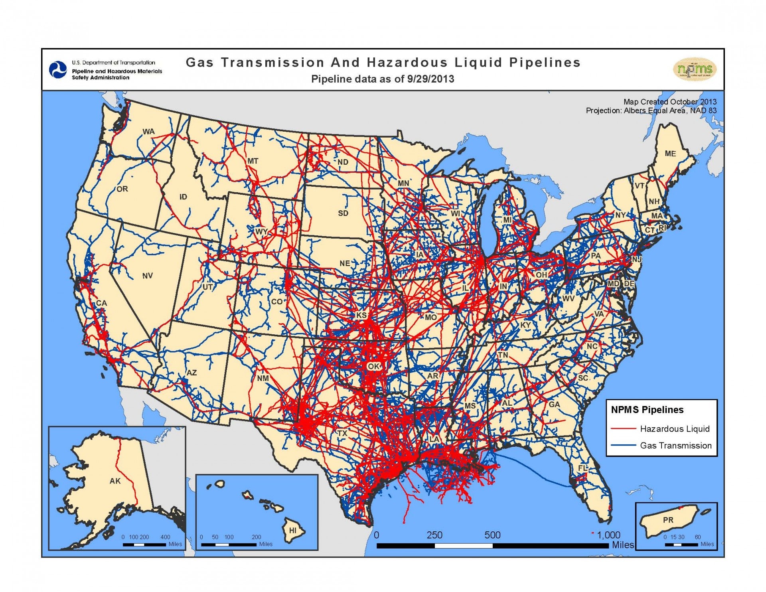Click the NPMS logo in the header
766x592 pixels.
(x=695, y=69)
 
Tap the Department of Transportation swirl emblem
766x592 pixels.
(x=58, y=70)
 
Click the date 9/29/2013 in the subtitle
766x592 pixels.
(x=430, y=79)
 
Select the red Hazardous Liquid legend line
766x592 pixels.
(x=623, y=429)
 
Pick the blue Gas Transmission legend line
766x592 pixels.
(x=623, y=445)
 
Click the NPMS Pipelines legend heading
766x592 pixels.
(x=647, y=410)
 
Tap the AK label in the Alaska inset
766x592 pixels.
(x=115, y=481)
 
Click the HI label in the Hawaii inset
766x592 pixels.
(x=293, y=531)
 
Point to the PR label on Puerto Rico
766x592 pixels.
(x=668, y=520)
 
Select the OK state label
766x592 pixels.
(x=374, y=366)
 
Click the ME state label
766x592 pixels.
(x=670, y=154)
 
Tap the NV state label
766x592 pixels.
(x=147, y=276)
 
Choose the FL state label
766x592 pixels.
(x=583, y=468)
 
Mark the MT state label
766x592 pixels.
(x=253, y=161)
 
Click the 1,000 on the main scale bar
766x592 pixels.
(x=608, y=535)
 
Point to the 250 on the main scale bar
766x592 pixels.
(x=434, y=535)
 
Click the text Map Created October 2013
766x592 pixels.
(x=670, y=102)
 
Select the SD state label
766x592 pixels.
(x=343, y=213)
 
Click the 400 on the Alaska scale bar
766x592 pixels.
(x=165, y=537)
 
